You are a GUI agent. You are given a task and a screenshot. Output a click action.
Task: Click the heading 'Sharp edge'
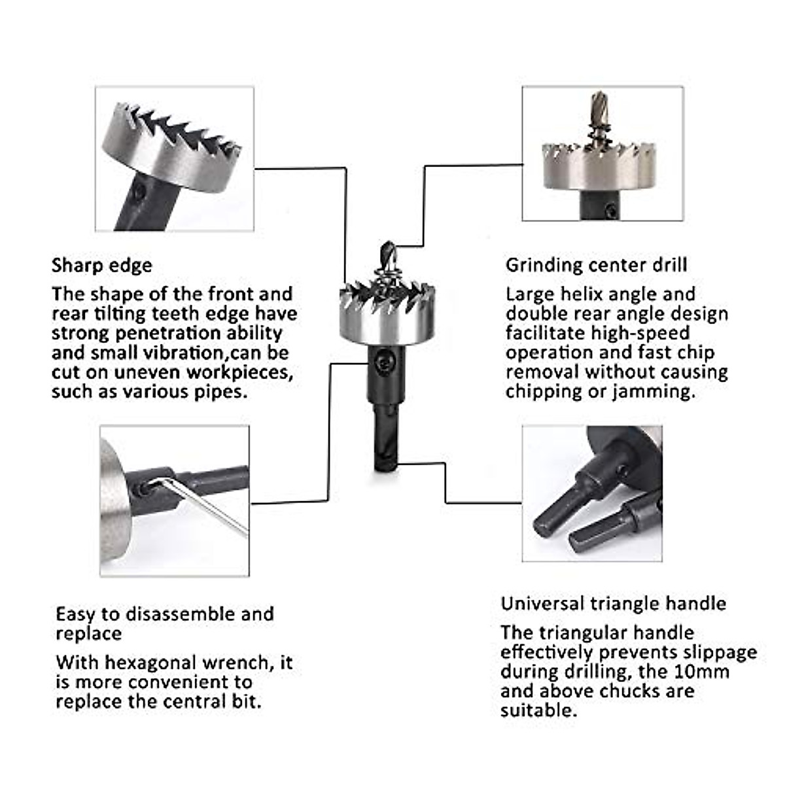click(x=101, y=265)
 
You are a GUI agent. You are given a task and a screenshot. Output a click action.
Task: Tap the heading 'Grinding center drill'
click(x=596, y=265)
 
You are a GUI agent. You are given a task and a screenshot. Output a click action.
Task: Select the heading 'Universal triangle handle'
click(x=613, y=603)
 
